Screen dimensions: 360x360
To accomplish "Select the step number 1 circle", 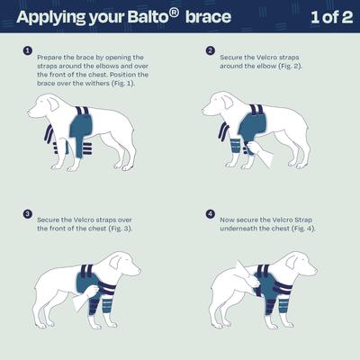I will [x=28, y=50].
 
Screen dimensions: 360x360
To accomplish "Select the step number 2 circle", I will [x=210, y=50].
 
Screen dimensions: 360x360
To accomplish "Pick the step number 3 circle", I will [x=28, y=214].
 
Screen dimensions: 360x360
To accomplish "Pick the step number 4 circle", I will [x=210, y=214].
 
